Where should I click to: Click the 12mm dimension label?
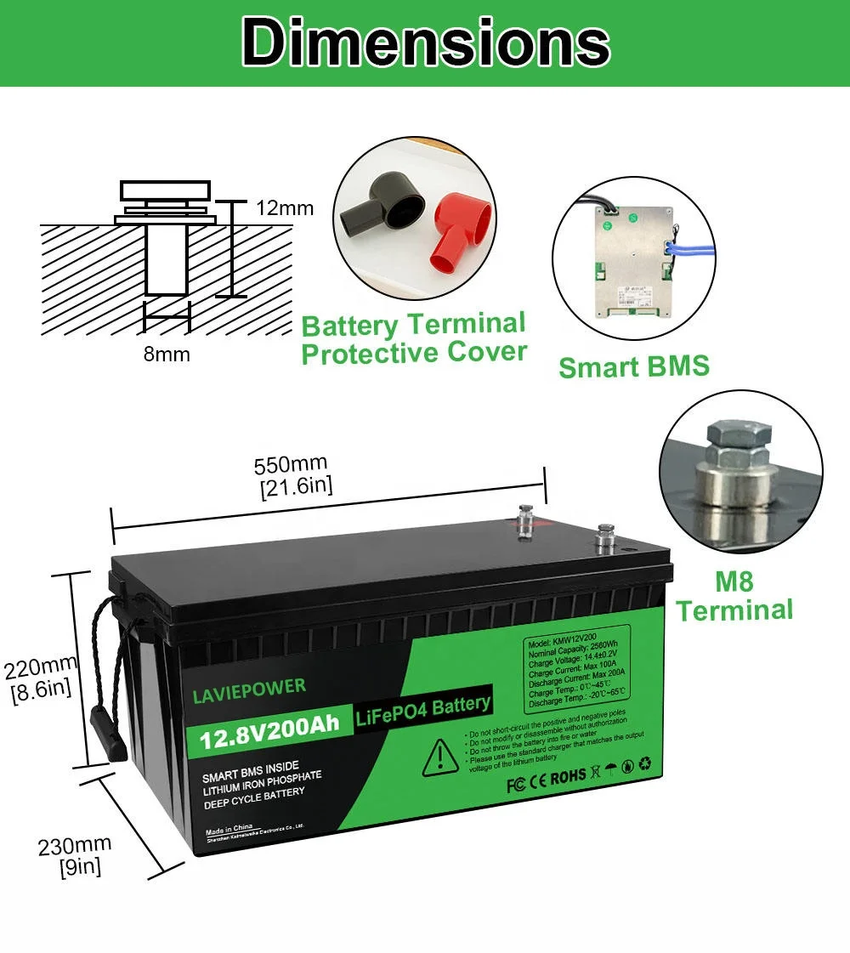(285, 208)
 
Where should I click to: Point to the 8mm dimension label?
(167, 354)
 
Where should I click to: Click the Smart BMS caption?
(633, 366)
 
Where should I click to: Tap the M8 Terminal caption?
(734, 597)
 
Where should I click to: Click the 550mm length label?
(291, 475)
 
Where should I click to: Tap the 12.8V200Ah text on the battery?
(269, 727)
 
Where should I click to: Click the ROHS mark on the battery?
(569, 775)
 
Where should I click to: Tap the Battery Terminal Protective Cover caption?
(414, 338)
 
